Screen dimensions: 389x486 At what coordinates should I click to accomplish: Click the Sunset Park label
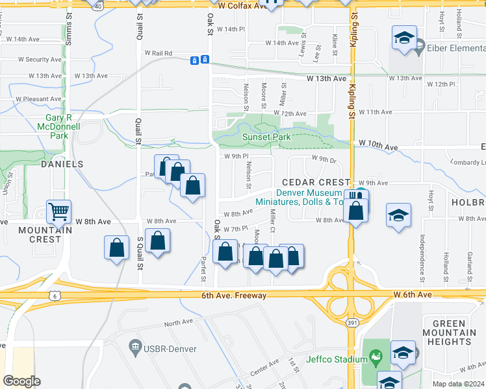(266, 137)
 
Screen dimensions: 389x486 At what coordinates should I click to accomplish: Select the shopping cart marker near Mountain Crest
(59, 211)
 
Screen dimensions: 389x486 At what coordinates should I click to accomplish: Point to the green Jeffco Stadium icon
(375, 356)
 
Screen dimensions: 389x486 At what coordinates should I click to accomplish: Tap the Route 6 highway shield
(55, 295)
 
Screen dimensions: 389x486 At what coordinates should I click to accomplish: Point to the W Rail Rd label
(159, 53)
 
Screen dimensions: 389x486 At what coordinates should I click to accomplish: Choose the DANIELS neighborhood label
(62, 165)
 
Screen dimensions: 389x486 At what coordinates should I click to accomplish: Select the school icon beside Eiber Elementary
(403, 38)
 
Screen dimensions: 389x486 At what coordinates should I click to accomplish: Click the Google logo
(21, 381)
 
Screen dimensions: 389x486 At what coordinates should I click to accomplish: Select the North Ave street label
(179, 323)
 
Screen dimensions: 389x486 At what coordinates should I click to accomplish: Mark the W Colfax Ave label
(242, 6)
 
